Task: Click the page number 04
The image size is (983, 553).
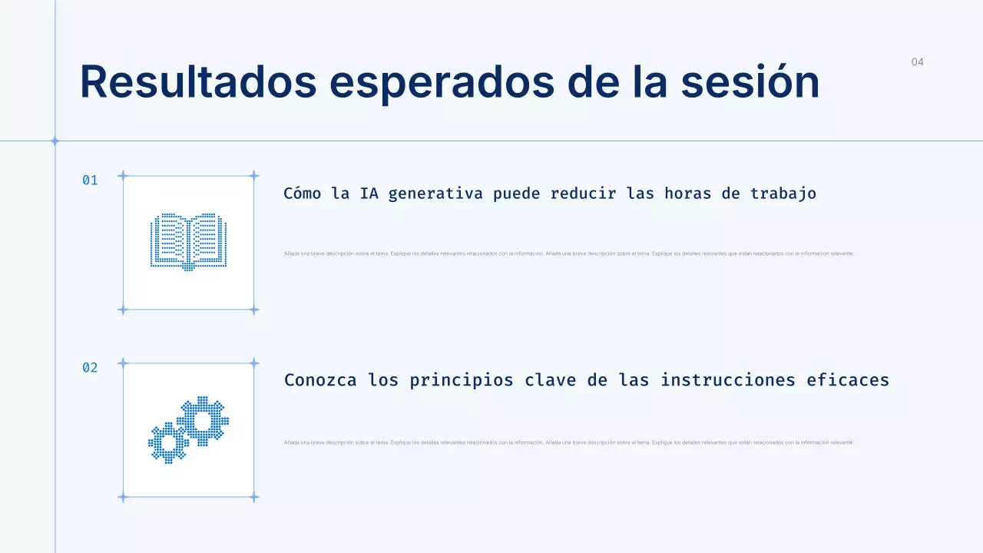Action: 918,62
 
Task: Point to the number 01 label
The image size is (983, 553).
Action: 90,180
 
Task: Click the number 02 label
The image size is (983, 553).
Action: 90,368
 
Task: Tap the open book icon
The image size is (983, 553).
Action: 188,242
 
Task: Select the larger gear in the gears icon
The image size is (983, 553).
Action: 204,420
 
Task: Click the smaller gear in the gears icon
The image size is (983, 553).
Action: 167,443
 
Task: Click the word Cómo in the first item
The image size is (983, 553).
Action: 302,194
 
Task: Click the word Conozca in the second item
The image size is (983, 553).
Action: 320,380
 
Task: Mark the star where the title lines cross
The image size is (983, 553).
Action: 55,141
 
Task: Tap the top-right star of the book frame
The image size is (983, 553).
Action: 254,176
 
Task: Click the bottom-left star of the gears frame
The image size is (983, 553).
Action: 122,498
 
